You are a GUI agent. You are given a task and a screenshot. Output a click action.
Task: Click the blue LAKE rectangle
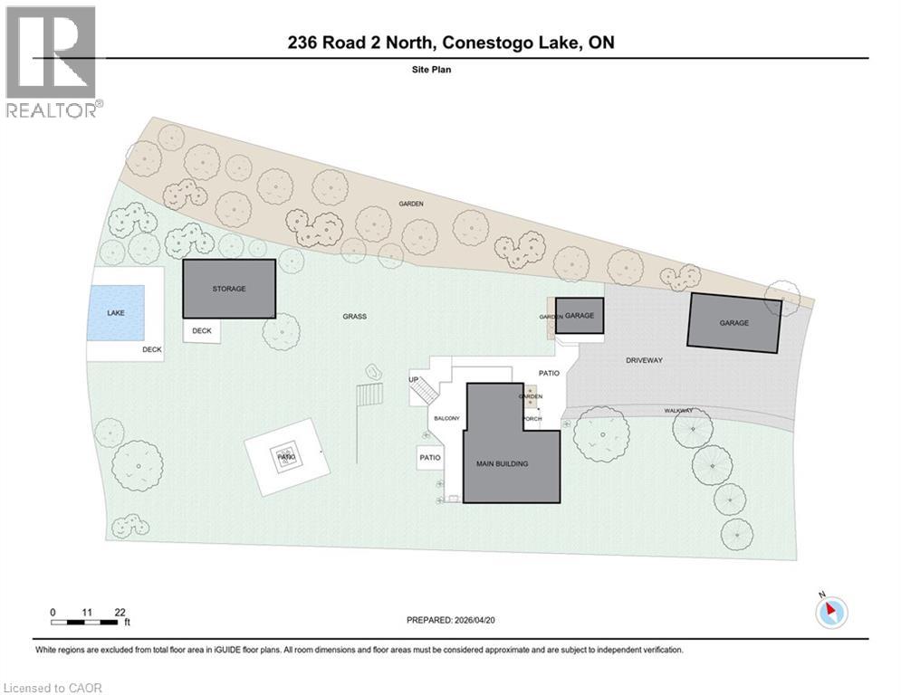point(115,312)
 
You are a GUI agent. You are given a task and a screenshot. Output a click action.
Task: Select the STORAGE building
point(229,289)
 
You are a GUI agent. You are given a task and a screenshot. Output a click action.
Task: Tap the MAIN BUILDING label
point(502,463)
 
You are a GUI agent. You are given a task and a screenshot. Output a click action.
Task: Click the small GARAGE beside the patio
point(579,316)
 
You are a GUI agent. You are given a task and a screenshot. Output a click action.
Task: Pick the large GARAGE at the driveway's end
point(733,322)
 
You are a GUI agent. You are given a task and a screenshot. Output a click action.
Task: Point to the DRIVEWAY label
point(644,360)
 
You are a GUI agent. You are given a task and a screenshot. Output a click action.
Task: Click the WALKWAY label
point(678,411)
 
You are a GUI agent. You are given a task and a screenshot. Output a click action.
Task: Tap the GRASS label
point(354,317)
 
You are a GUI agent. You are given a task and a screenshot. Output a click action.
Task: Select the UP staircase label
point(414,379)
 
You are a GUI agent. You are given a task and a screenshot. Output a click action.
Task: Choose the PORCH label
point(532,418)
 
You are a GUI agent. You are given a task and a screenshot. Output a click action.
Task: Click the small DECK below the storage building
point(202,331)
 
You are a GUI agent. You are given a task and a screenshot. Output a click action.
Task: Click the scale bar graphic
point(88,623)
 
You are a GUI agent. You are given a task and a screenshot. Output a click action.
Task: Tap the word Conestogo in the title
point(477,43)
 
